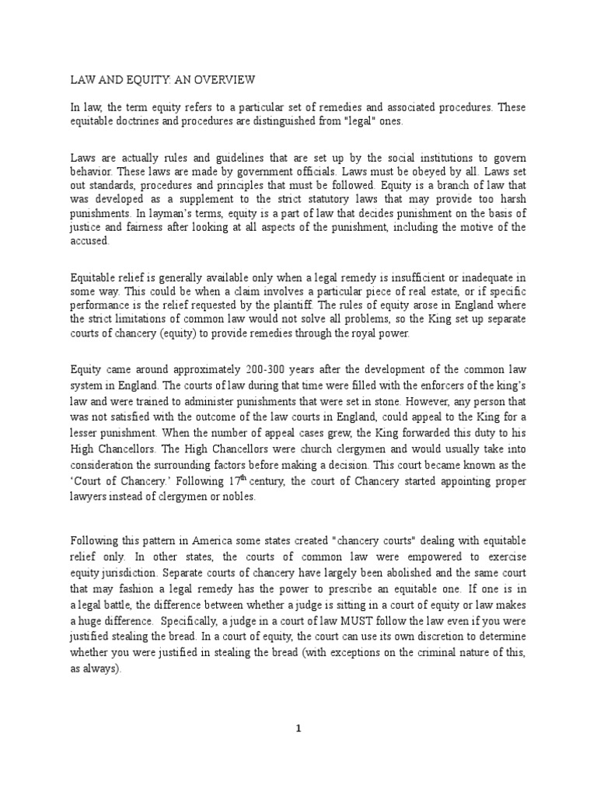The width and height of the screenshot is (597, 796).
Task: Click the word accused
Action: [90, 241]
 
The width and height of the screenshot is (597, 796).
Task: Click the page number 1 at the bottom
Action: [298, 728]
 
